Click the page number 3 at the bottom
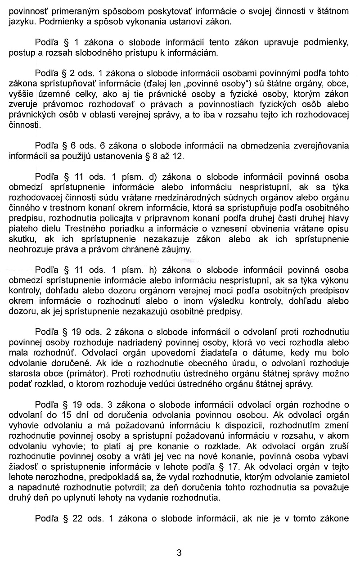[179, 553]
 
